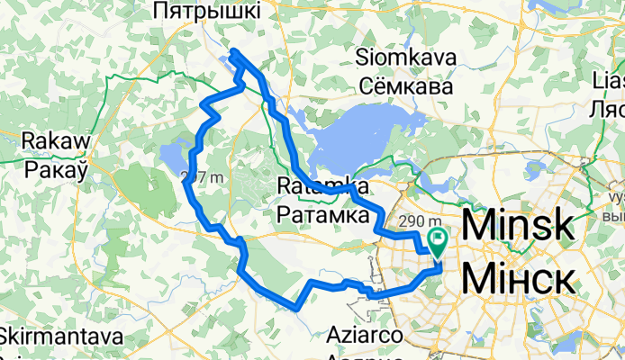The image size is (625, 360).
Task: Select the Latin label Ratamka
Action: tap(322, 187)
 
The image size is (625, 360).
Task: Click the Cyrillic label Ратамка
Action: tap(322, 216)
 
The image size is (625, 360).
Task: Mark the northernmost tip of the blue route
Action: tap(233, 51)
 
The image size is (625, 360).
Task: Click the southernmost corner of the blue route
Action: tap(296, 308)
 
